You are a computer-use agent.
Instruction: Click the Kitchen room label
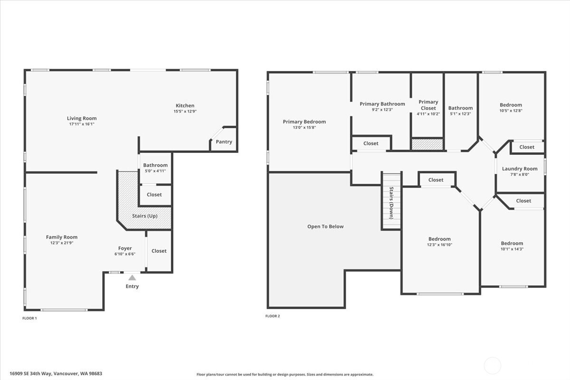point(185,105)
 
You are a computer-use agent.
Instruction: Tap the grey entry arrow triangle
point(132,278)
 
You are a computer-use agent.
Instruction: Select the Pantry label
point(224,142)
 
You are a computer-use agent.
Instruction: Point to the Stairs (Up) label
point(145,216)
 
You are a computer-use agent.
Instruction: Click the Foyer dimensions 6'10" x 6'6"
point(125,254)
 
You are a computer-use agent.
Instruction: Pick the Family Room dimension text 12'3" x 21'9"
point(62,243)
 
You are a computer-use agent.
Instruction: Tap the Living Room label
point(82,118)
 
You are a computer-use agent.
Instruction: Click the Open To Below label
point(325,227)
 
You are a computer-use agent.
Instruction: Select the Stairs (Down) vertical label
point(391,203)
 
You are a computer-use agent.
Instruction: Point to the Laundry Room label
point(520,169)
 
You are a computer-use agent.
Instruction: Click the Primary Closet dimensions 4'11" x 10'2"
point(428,114)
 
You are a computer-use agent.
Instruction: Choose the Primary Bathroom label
point(382,104)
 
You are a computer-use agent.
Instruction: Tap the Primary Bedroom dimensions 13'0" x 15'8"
point(304,127)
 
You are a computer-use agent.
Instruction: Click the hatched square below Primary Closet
point(427,144)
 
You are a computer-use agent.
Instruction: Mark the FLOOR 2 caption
point(273,316)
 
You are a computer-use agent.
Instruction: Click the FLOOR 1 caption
point(29,318)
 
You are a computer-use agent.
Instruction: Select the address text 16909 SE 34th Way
point(30,374)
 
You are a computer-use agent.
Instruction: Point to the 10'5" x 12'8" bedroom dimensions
point(511,111)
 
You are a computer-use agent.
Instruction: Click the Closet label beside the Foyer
point(159,251)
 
